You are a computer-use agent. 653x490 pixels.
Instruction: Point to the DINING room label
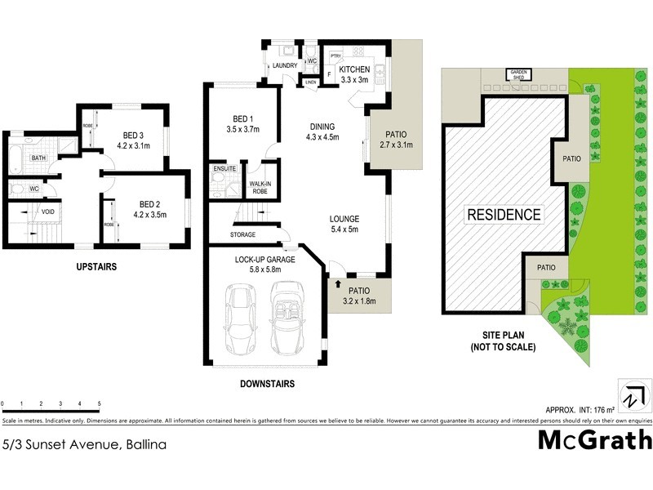pos(322,127)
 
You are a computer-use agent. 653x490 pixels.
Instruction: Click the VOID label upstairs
pos(49,212)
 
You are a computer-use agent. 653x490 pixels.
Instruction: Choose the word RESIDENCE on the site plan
pos(504,215)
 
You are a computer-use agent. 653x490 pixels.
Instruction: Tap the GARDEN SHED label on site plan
pos(520,73)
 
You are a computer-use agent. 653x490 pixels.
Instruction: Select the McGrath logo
pos(595,440)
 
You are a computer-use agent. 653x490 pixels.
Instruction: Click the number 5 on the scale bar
pos(100,404)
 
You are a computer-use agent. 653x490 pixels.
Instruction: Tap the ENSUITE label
pos(224,169)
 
